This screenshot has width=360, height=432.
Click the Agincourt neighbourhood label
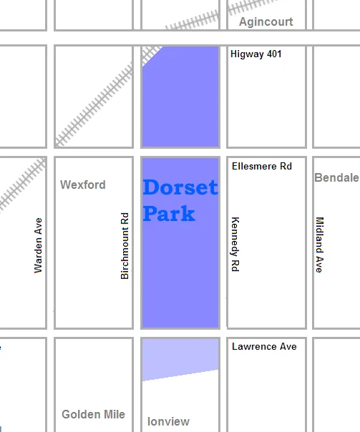pyautogui.click(x=266, y=21)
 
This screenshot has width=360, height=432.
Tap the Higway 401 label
pyautogui.click(x=256, y=54)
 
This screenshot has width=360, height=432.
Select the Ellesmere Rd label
pyautogui.click(x=262, y=166)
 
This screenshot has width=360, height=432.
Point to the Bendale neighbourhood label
pyautogui.click(x=336, y=177)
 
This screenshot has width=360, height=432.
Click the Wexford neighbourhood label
pyautogui.click(x=82, y=185)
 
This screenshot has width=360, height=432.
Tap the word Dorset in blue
pyautogui.click(x=180, y=188)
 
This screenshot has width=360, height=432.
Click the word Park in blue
pyautogui.click(x=169, y=212)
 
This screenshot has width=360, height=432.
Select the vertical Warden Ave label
pyautogui.click(x=39, y=245)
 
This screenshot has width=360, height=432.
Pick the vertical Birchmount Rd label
pyautogui.click(x=125, y=245)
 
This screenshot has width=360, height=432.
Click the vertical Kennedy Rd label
pyautogui.click(x=234, y=245)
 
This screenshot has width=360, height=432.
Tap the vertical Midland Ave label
pyautogui.click(x=319, y=245)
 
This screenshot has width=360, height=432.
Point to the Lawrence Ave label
pyautogui.click(x=264, y=347)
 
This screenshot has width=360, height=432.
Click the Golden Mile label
pyautogui.click(x=93, y=414)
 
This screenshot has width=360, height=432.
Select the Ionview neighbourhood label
pyautogui.click(x=168, y=421)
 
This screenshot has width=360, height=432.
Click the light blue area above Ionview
pyautogui.click(x=180, y=358)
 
